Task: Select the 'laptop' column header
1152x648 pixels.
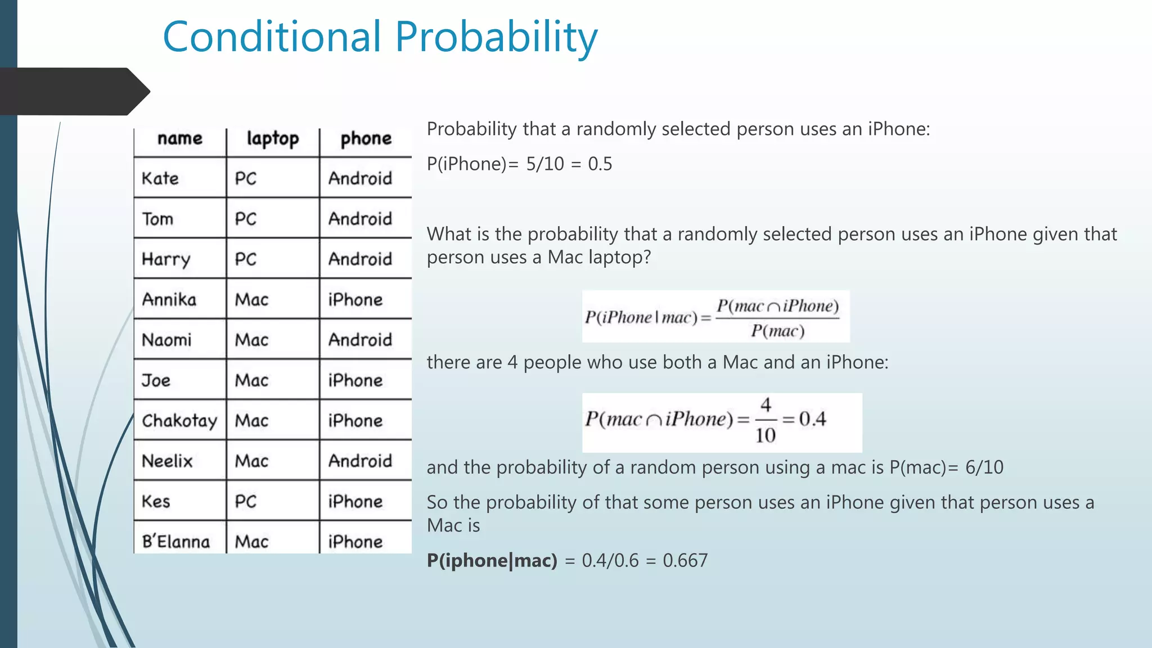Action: (273, 138)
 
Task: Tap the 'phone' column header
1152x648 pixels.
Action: (366, 138)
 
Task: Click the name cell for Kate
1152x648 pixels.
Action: (160, 179)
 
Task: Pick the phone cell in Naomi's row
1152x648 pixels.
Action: (360, 340)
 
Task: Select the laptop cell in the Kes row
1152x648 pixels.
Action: (246, 501)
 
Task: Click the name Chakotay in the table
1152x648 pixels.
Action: (179, 421)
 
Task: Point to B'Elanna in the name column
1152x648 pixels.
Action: (175, 542)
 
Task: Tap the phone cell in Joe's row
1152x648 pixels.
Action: (355, 380)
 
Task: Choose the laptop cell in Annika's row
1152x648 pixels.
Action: (251, 299)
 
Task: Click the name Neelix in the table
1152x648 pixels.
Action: (167, 461)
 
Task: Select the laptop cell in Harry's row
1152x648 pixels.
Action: (246, 259)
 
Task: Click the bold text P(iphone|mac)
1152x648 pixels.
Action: (492, 560)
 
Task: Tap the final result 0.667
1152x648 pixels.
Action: (685, 560)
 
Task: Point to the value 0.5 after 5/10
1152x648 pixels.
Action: (600, 164)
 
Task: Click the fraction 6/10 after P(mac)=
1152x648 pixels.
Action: (984, 467)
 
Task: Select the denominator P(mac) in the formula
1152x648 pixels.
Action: (777, 331)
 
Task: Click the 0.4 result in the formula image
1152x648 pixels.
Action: (812, 419)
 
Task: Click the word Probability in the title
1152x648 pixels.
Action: (496, 37)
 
